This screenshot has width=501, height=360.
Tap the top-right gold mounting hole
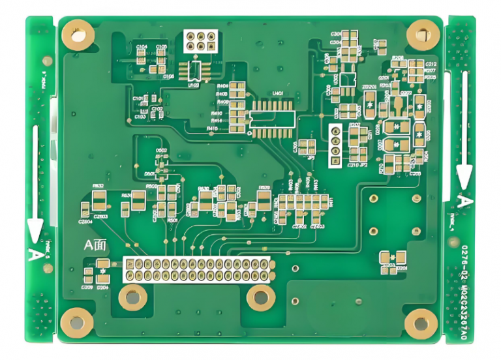(423, 33)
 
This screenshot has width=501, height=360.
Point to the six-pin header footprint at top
(200, 41)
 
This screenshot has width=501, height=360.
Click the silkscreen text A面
(95, 245)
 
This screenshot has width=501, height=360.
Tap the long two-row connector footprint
(198, 269)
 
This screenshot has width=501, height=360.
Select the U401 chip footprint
(271, 117)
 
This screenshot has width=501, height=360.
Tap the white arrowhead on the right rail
(464, 175)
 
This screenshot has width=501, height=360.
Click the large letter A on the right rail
(464, 201)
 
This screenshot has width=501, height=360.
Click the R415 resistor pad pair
(239, 128)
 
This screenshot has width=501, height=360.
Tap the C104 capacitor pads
(141, 56)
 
